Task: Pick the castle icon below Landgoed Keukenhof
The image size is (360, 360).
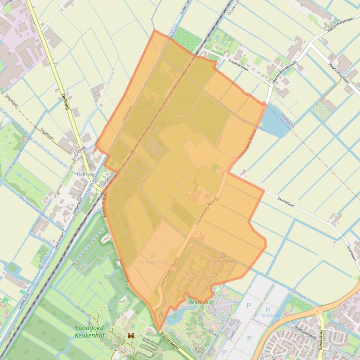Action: pos(131,336)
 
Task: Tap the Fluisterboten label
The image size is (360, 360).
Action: pos(223,262)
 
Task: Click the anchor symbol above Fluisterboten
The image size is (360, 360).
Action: pos(223,254)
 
